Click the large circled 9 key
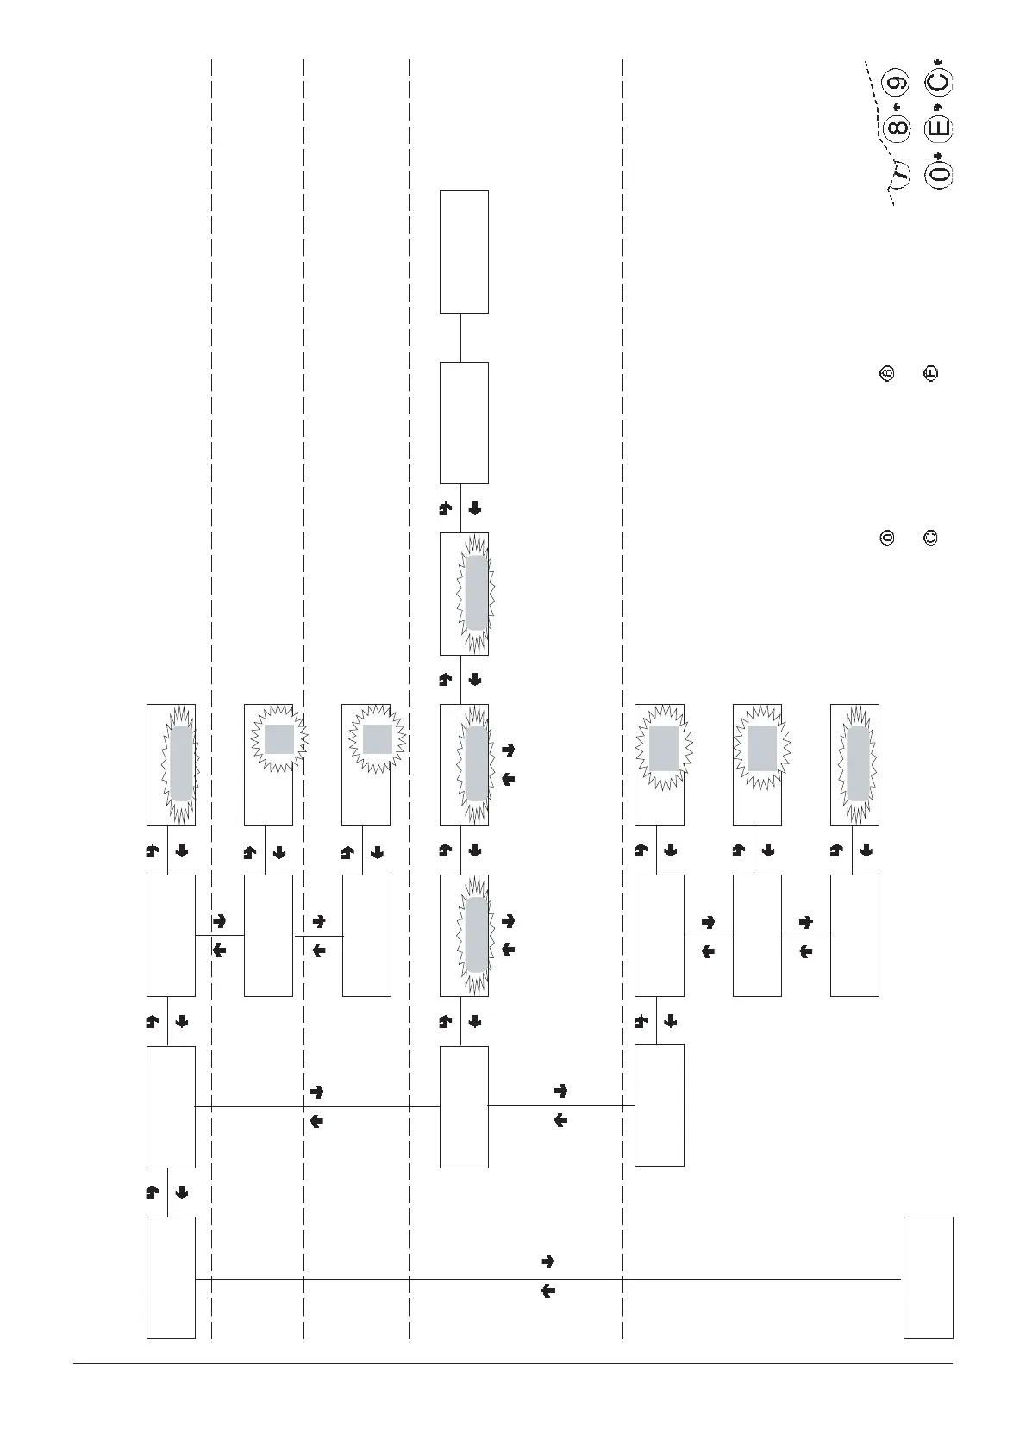(x=897, y=84)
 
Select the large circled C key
(x=938, y=84)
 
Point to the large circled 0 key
(x=938, y=174)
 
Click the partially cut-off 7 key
(x=900, y=172)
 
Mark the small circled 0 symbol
(x=886, y=539)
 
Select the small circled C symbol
(x=930, y=539)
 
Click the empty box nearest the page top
(x=464, y=252)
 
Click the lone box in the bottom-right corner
(x=929, y=1277)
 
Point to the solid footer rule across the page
(x=513, y=1363)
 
